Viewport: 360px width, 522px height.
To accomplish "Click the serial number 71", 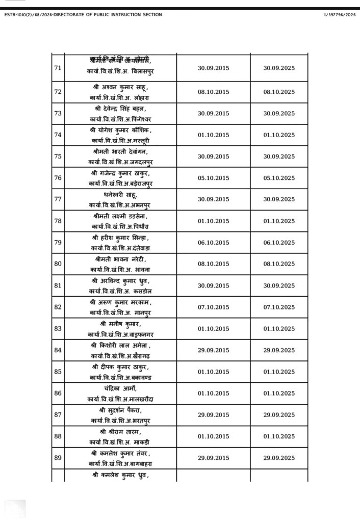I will coord(58,68).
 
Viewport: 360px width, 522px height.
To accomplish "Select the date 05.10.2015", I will coord(213,178).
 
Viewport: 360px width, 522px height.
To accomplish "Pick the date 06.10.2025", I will coord(279,243).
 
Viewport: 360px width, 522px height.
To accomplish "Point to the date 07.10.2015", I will coord(213,307).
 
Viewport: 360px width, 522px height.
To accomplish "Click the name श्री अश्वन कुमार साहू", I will coord(120,87).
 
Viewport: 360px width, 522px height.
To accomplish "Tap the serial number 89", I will coord(58,458).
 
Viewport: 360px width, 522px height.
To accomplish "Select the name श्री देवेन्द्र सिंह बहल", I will coord(120,109).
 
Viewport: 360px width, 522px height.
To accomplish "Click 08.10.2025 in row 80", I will coord(279,264).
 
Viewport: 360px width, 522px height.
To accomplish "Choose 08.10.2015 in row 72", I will coord(213,92).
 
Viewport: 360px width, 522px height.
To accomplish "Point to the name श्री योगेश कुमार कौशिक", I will coord(120,130).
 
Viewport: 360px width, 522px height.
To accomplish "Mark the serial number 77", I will coord(58,199).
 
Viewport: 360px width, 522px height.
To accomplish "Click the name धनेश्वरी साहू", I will coord(120,195).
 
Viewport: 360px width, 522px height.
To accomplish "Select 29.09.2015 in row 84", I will coord(213,350).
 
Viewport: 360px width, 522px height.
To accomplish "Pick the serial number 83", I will coord(58,329).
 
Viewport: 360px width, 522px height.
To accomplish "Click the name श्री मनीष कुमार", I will coord(120,324).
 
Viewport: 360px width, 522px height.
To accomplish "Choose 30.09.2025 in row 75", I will coord(279,156).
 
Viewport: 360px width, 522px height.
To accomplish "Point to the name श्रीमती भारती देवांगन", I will coord(120,151).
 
